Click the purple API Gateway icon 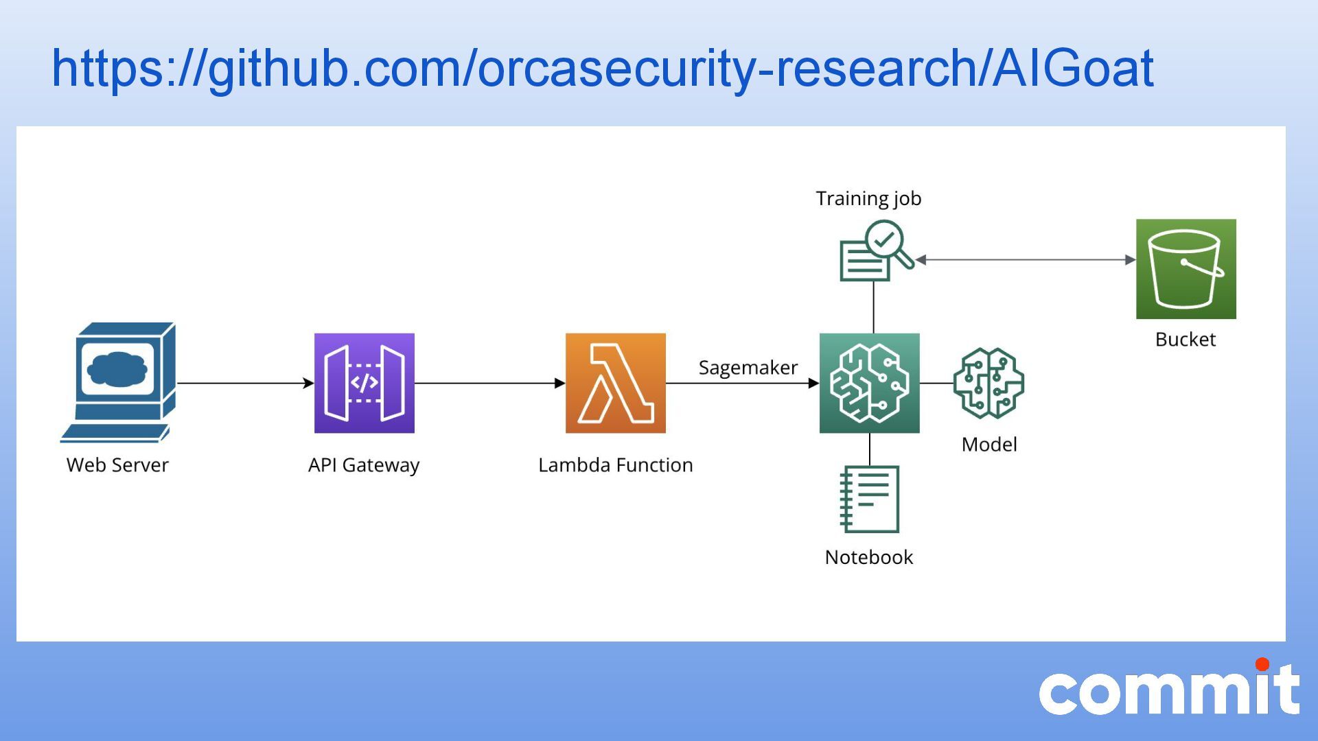coord(364,383)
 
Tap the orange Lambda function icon coord(615,383)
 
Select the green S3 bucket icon coord(1186,269)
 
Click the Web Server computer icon coord(119,381)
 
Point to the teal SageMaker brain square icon coord(869,383)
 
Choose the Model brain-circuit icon coord(988,383)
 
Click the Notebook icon coord(869,499)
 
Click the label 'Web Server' coord(117,465)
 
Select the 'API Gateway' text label coord(364,465)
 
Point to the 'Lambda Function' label coord(615,465)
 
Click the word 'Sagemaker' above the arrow coord(748,368)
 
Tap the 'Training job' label coord(868,198)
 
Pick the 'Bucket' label coord(1185,340)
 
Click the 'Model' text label coord(988,445)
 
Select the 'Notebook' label coord(868,557)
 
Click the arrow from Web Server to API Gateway coord(244,383)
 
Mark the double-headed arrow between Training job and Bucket coord(1026,260)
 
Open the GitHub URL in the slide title coord(602,69)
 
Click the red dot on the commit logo coord(1262,664)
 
